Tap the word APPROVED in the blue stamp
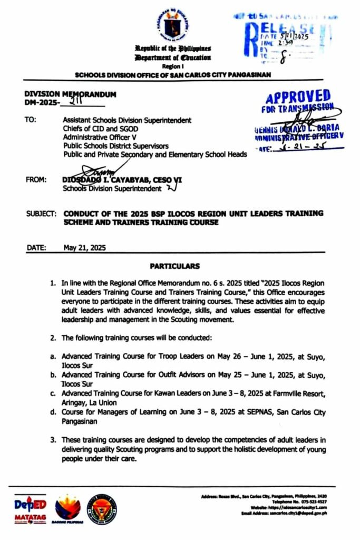(x=298, y=98)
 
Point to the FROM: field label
(x=35, y=180)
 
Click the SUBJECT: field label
(x=41, y=214)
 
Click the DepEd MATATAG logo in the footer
(x=30, y=508)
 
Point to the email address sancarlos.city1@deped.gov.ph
(x=298, y=513)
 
